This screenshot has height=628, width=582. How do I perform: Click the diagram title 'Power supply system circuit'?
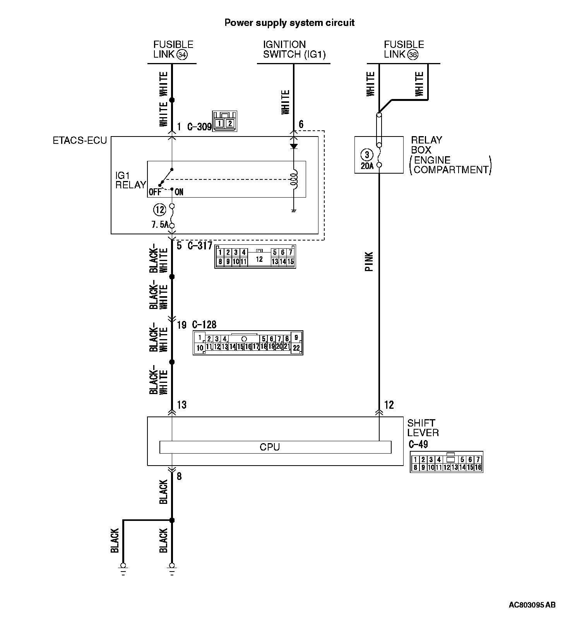coord(289,23)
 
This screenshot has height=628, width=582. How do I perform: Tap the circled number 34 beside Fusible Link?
coord(181,55)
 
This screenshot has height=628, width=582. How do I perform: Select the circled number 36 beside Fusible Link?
coord(413,55)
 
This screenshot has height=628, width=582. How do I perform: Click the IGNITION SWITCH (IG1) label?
coord(294,49)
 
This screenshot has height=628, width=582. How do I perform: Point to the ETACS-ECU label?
coord(80,140)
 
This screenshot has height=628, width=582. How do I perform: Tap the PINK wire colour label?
coord(370,262)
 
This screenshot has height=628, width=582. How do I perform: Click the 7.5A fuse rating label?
coord(160,225)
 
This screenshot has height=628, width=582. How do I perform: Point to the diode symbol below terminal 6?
coord(294,147)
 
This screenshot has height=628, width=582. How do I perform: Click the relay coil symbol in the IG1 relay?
coord(294,179)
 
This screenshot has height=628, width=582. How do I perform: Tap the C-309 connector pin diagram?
coord(224,121)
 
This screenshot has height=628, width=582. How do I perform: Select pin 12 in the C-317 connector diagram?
coord(259,259)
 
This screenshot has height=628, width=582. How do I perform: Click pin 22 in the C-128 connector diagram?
coord(296,348)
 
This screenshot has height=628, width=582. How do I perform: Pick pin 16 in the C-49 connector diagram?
coord(478,468)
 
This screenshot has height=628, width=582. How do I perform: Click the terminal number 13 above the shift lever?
coord(181,405)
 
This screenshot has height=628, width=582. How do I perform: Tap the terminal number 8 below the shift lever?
coord(179,476)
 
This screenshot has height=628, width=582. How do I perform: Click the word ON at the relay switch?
coord(179,192)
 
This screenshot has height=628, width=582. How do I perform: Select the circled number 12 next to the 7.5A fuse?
coord(159,210)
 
